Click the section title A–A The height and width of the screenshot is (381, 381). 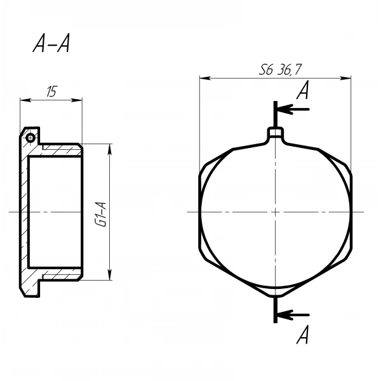pos(51,43)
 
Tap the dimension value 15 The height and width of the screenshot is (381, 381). pos(51,91)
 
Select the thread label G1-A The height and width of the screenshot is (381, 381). pos(102,214)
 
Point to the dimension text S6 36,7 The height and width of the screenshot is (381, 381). pos(280,69)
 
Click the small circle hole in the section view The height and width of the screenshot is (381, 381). pos(30,138)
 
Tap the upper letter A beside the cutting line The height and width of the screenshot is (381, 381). pos(303,90)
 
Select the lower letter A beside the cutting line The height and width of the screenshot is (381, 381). pos(303,335)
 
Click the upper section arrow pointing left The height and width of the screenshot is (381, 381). pos(293,109)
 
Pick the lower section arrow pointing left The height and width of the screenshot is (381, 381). pos(293,315)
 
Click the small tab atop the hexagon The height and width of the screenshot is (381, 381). pos(276,133)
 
